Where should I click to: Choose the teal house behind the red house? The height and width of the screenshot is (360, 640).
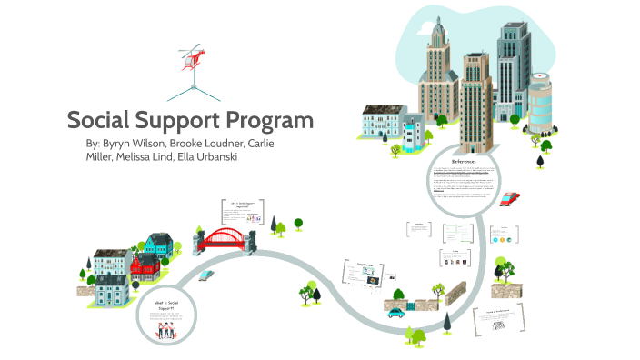[x=159, y=244]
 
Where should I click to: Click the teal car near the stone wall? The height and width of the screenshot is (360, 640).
[x=395, y=312]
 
